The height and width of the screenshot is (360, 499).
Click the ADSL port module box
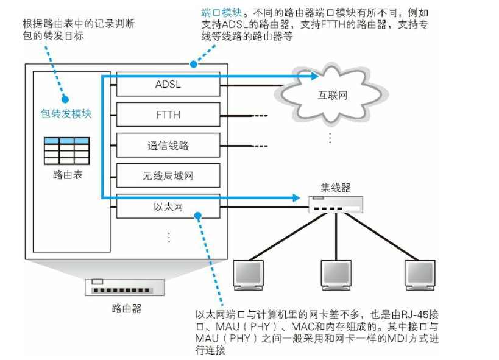[x=168, y=85]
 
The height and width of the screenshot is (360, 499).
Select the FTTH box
[x=168, y=114]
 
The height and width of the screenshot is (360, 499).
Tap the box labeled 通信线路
[x=168, y=146]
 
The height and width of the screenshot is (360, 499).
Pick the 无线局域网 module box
[x=168, y=176]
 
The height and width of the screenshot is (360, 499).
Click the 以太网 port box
[x=168, y=207]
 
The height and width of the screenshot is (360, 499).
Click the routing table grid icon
[x=67, y=150]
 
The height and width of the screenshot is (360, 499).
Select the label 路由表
[x=67, y=175]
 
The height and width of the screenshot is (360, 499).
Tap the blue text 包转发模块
[x=66, y=113]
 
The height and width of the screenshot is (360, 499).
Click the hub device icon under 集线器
[x=335, y=204]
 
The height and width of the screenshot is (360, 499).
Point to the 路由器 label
[x=127, y=308]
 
